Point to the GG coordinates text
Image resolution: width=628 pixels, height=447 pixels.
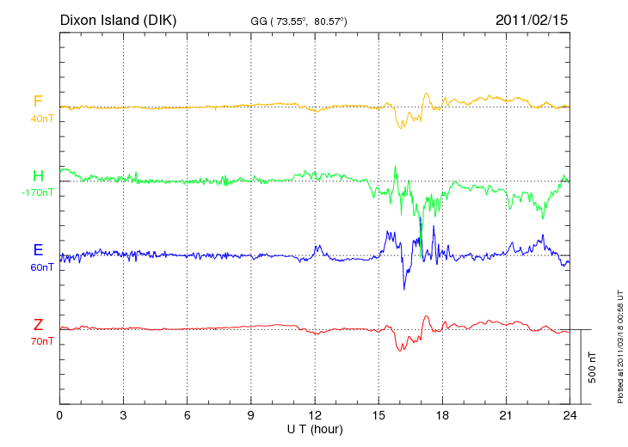299,20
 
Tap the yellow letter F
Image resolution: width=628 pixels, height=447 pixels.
38,101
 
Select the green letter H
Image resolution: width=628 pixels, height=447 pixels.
38,176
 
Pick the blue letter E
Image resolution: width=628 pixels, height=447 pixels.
38,250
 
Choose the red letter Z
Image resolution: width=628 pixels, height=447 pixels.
38,324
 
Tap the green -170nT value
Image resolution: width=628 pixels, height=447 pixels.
38,193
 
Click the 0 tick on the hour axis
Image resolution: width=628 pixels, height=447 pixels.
59,414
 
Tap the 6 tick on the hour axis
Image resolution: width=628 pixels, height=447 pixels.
188,414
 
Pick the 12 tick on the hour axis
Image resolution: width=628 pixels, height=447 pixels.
315,414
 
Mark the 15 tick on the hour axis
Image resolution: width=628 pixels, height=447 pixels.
379,414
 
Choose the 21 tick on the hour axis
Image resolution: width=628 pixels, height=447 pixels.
507,414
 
